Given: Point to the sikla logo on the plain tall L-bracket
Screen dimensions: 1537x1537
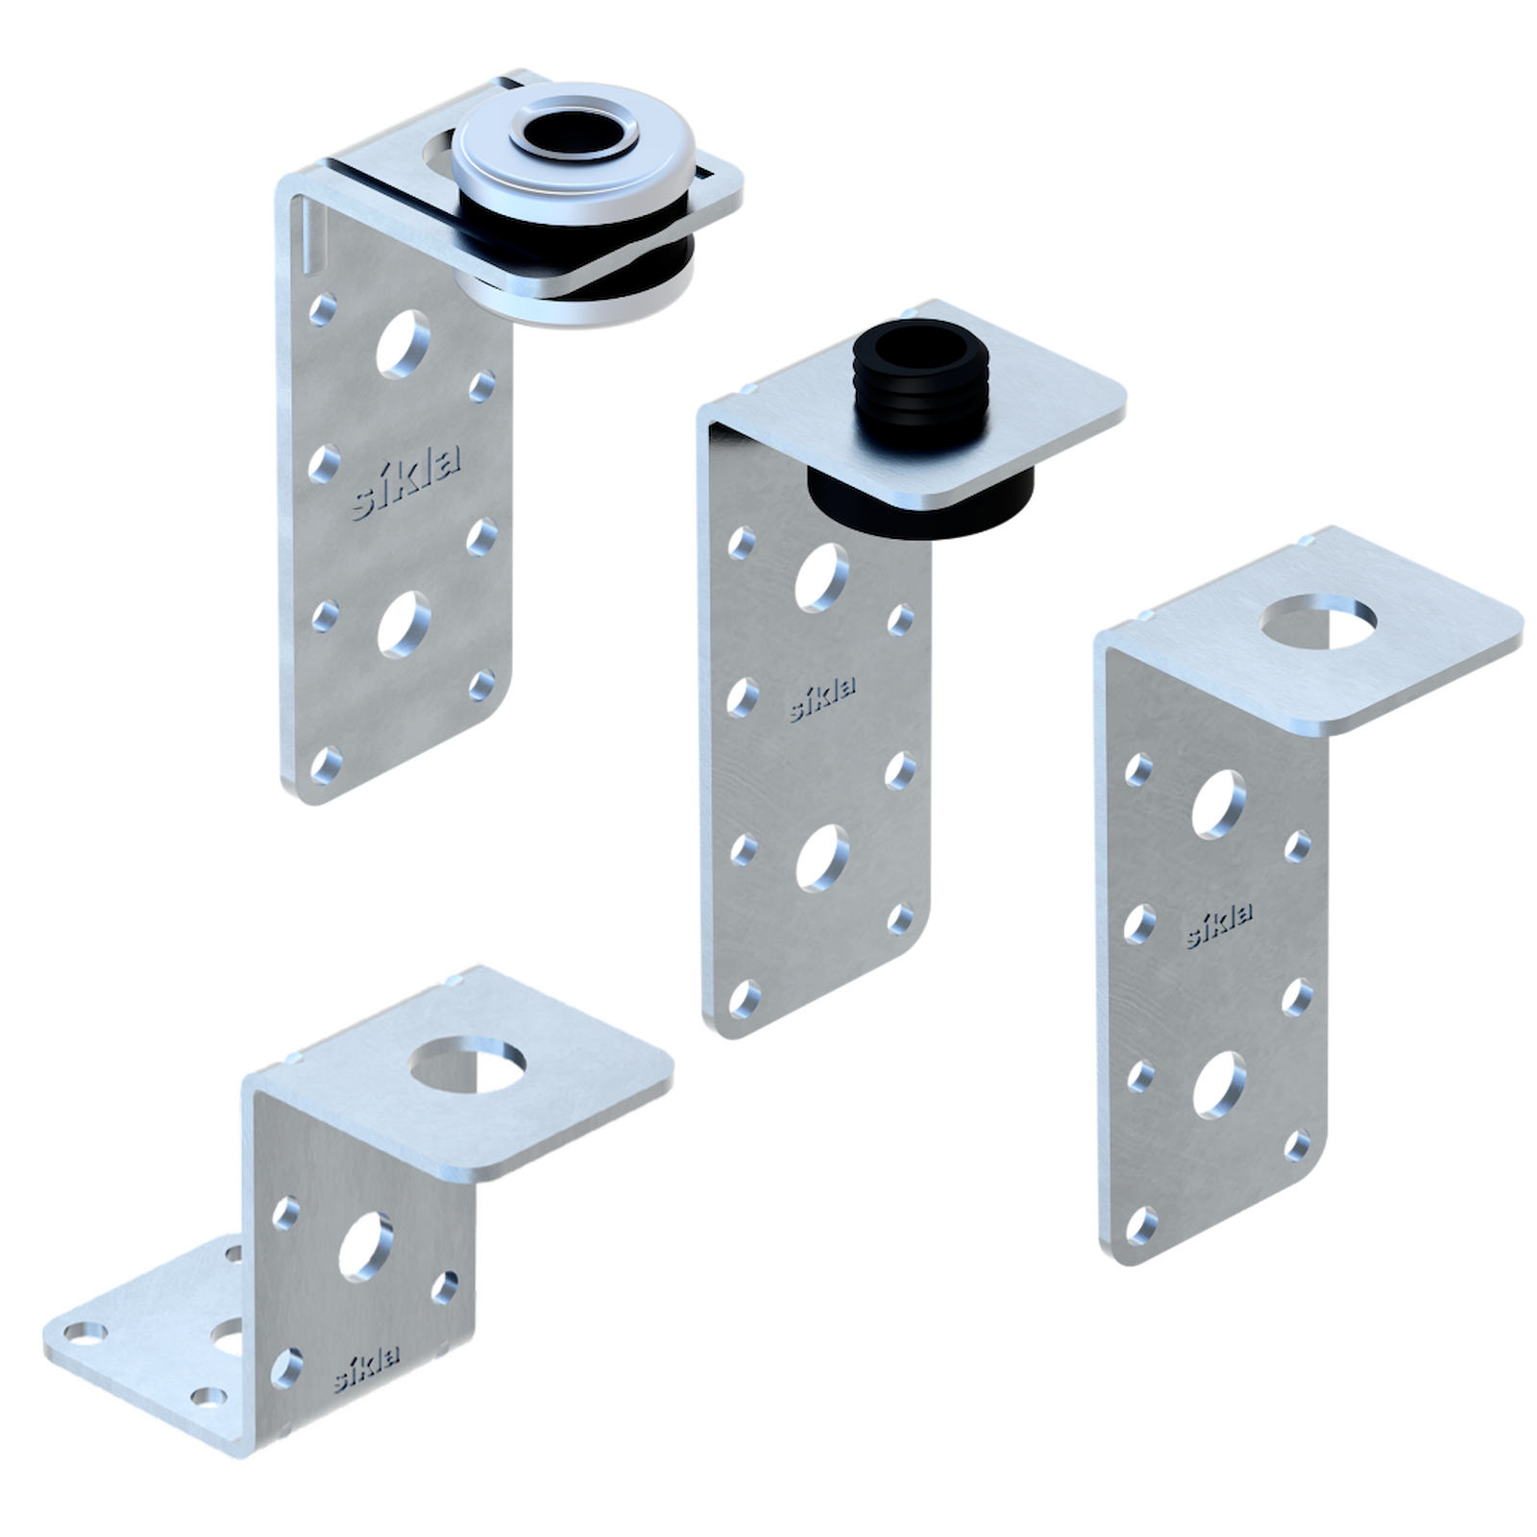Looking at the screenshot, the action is coord(1219,925).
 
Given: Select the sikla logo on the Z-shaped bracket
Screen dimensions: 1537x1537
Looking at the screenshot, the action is coord(367,1369).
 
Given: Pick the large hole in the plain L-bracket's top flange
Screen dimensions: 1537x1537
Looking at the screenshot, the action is coord(1318,621).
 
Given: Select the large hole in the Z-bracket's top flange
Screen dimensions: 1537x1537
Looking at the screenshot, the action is coord(468,1064).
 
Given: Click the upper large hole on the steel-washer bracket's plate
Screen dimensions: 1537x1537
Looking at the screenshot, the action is coord(403,343).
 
